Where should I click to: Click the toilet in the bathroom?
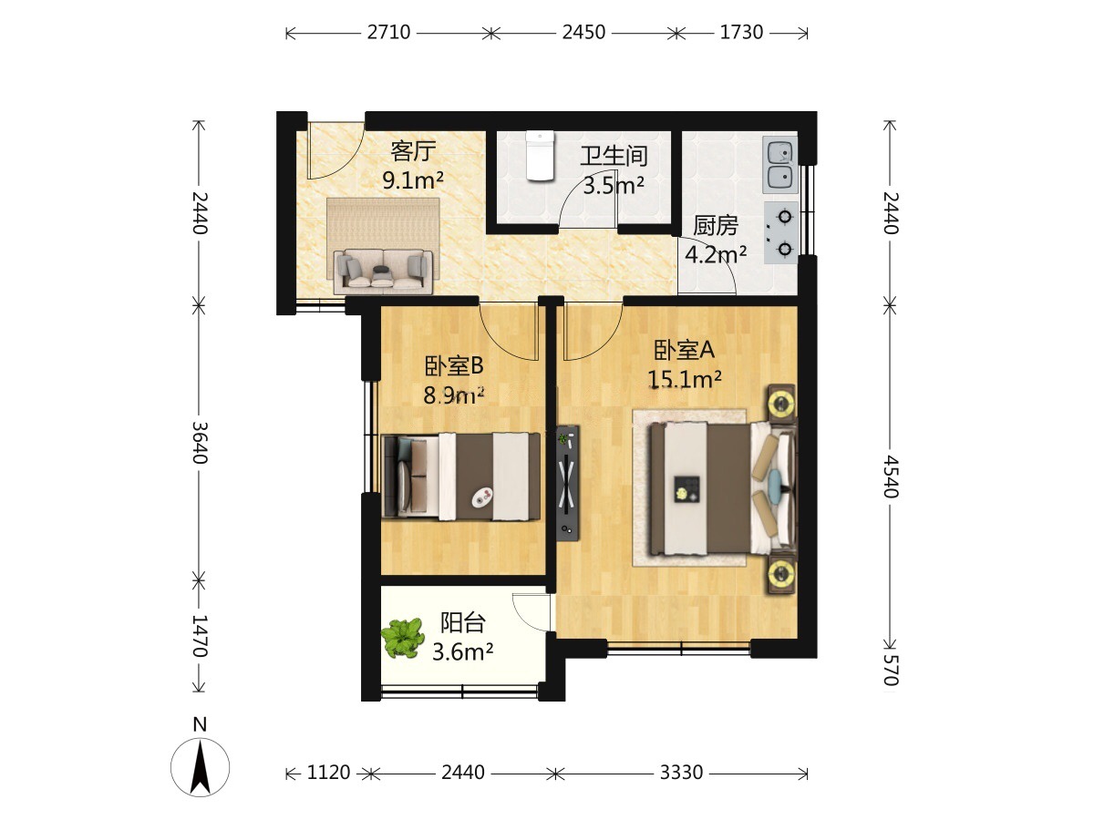click(540, 155)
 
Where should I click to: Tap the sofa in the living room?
click(383, 271)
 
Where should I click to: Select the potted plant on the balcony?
click(403, 638)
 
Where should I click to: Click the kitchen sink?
click(779, 165)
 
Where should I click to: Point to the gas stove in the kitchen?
click(780, 232)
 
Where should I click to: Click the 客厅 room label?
click(413, 151)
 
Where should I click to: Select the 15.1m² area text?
click(685, 379)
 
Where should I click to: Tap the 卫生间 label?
click(614, 157)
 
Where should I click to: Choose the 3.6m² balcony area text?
click(462, 651)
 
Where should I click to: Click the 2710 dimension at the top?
click(388, 33)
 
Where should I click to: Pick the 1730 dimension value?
click(741, 33)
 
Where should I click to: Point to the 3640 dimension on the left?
click(200, 443)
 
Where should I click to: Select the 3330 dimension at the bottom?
click(681, 773)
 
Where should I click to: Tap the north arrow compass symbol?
click(200, 767)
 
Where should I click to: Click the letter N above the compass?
click(200, 724)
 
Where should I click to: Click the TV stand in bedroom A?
click(568, 483)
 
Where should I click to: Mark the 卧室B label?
click(453, 366)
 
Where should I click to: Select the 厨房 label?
click(716, 226)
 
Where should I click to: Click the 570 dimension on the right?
click(891, 671)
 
